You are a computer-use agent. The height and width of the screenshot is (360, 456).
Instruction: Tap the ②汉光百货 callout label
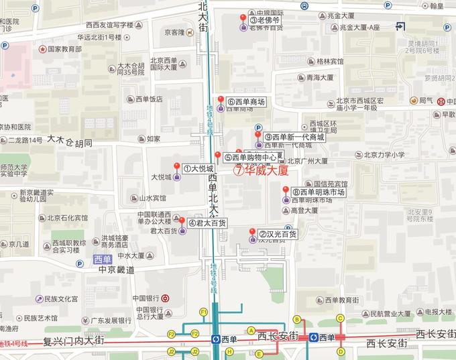(x=278, y=235)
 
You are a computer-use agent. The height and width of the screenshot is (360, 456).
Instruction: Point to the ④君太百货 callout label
(x=207, y=223)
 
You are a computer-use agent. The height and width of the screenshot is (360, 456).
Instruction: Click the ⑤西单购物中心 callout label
(x=250, y=158)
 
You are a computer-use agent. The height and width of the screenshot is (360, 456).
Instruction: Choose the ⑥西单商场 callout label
(x=246, y=103)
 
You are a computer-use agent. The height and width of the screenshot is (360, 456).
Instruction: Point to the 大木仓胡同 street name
(x=69, y=141)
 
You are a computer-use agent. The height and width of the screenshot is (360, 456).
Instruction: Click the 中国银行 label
(x=146, y=298)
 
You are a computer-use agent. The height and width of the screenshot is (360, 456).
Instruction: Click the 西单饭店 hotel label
(x=149, y=99)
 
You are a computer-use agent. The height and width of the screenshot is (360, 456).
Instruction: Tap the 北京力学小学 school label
(x=381, y=155)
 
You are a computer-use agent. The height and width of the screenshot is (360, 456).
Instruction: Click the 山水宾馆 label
(x=152, y=198)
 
